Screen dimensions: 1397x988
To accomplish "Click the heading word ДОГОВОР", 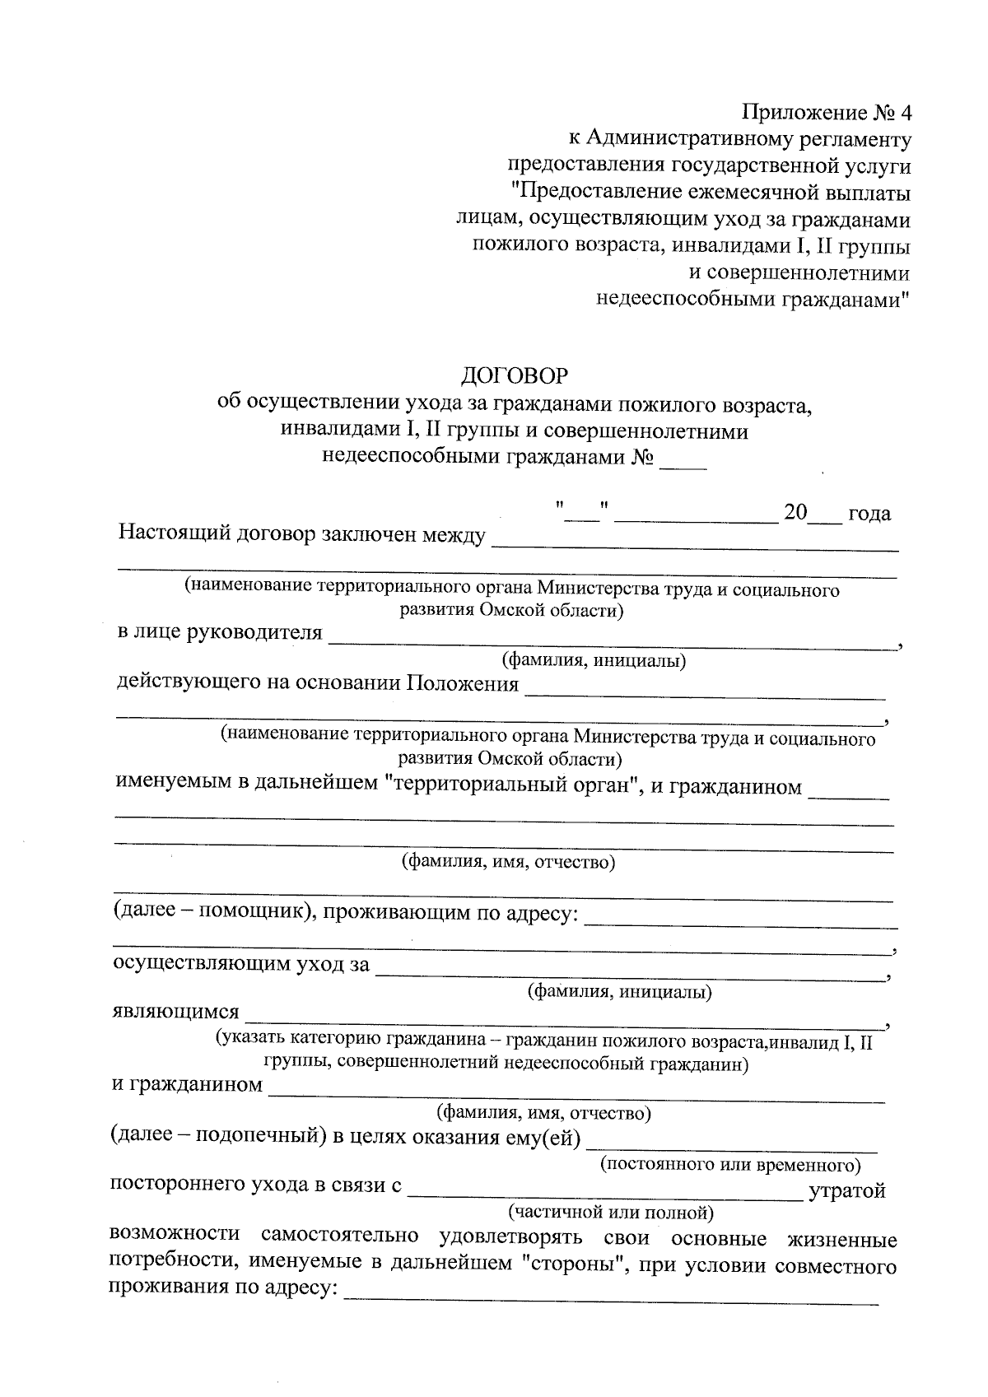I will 514,375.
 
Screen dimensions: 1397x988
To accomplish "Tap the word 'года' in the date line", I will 869,514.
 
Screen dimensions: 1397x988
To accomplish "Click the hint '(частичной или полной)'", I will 611,1212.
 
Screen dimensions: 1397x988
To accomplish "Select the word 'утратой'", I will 847,1190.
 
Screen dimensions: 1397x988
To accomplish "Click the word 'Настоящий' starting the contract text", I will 174,533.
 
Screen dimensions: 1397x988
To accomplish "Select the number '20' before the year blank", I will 795,513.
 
